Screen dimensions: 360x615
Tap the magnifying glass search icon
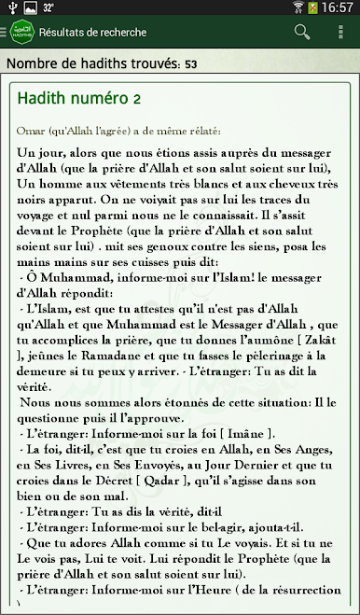pyautogui.click(x=301, y=32)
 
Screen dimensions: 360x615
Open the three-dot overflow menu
pyautogui.click(x=340, y=32)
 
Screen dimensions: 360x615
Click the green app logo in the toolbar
pyautogui.click(x=20, y=33)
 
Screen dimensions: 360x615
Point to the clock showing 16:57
pyautogui.click(x=337, y=8)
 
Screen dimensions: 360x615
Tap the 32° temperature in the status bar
pyautogui.click(x=48, y=8)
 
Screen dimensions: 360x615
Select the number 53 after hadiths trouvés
pyautogui.click(x=190, y=64)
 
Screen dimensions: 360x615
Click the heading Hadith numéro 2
pyautogui.click(x=79, y=98)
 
